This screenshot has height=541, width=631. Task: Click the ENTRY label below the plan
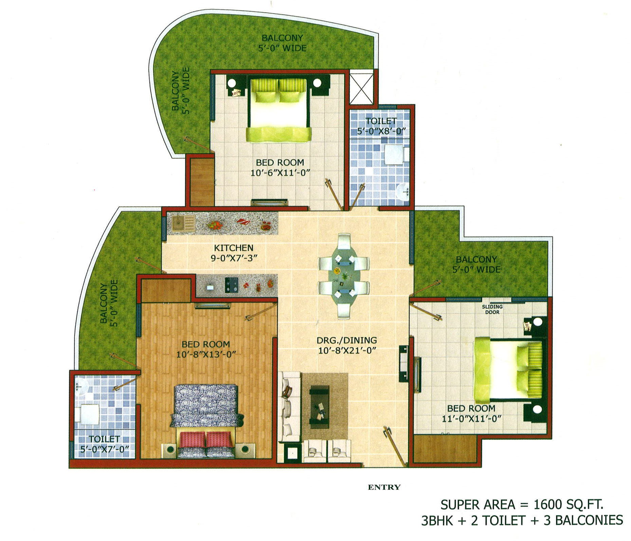point(384,487)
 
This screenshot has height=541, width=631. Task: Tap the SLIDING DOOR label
point(492,310)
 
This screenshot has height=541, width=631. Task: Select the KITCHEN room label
point(233,248)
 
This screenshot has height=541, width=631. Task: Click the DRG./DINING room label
point(347,340)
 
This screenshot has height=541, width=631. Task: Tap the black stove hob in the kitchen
point(231,285)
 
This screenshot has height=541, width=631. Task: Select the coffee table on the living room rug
point(319,407)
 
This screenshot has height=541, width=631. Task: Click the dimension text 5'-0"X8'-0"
point(381,131)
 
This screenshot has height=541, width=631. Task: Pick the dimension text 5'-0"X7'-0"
point(105,449)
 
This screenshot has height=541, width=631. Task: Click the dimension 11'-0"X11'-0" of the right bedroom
point(471,418)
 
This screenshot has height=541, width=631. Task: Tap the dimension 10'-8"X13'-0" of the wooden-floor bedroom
point(206,354)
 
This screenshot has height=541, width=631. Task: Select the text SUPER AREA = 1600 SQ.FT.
point(522,504)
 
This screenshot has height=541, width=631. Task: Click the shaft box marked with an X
point(361,87)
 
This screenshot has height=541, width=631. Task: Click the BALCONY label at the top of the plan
point(282,38)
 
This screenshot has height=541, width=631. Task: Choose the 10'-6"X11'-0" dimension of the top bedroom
point(280,172)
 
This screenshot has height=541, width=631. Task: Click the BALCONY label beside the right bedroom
point(476,259)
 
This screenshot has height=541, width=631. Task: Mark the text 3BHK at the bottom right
point(437,520)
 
